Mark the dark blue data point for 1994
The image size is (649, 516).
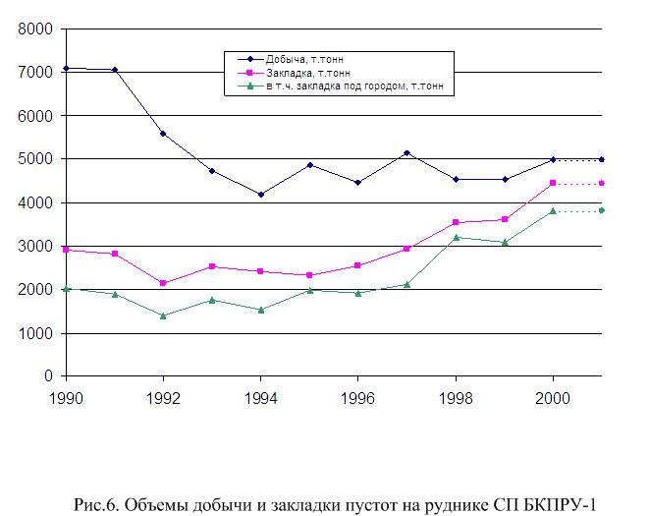pos(261,195)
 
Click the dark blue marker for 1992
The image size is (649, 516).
pos(163,134)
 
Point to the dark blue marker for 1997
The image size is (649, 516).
pos(406,153)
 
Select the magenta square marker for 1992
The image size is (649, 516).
pos(163,283)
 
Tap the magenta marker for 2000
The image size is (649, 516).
pos(553,183)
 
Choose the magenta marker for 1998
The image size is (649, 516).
pos(456,222)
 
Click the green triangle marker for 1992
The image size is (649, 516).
pos(163,315)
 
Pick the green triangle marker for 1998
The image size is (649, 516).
pos(456,237)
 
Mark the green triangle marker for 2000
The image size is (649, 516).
pos(553,210)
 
